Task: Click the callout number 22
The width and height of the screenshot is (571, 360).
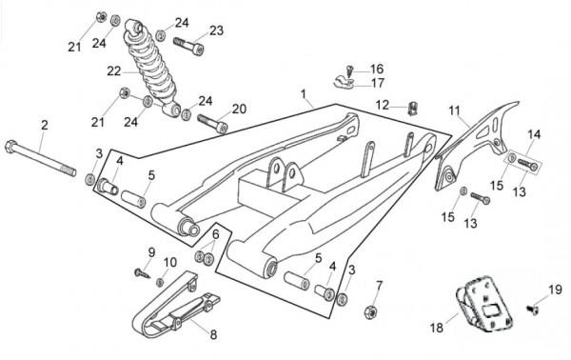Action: pyautogui.click(x=113, y=70)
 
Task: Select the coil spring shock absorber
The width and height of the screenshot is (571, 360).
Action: pyautogui.click(x=152, y=68)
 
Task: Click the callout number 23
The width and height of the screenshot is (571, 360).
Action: pyautogui.click(x=216, y=30)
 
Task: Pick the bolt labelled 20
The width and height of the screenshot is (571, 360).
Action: pyautogui.click(x=212, y=124)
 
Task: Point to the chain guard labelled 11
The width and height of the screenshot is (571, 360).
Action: pyautogui.click(x=474, y=146)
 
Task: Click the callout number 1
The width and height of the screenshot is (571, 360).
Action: pyautogui.click(x=303, y=94)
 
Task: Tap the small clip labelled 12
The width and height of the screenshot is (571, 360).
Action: pyautogui.click(x=413, y=109)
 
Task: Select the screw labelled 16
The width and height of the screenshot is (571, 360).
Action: pyautogui.click(x=350, y=70)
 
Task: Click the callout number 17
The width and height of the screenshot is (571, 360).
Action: pyautogui.click(x=377, y=83)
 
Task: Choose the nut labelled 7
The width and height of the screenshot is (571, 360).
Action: pyautogui.click(x=370, y=311)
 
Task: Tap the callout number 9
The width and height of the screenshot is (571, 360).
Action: pyautogui.click(x=151, y=252)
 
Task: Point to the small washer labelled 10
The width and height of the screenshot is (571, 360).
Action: pyautogui.click(x=160, y=282)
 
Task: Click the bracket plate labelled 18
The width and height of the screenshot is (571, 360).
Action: pyautogui.click(x=485, y=304)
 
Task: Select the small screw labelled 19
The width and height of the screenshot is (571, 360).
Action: pyautogui.click(x=532, y=310)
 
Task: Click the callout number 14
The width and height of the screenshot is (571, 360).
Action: pyautogui.click(x=534, y=134)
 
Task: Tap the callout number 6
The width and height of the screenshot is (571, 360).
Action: pyautogui.click(x=216, y=234)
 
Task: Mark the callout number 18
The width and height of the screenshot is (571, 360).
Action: pyautogui.click(x=437, y=328)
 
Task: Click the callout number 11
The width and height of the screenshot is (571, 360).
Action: pyautogui.click(x=454, y=110)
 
